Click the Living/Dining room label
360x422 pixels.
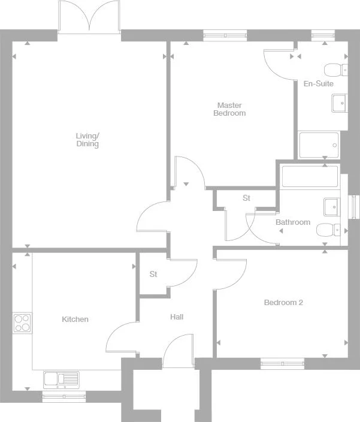click(87, 140)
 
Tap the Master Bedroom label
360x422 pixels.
click(229, 109)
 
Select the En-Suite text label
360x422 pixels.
click(318, 84)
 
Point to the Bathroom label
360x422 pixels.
click(293, 222)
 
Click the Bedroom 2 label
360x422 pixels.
click(283, 303)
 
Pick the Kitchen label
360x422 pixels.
click(75, 319)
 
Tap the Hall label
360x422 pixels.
click(177, 317)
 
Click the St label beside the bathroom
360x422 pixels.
click(246, 198)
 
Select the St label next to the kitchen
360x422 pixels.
click(153, 275)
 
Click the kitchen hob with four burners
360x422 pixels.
click(22, 323)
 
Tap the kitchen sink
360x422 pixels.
click(61, 379)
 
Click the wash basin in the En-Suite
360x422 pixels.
click(339, 104)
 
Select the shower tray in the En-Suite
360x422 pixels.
click(319, 144)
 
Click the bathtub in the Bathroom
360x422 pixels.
click(310, 177)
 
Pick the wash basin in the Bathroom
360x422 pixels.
click(331, 207)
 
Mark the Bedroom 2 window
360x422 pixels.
click(283, 363)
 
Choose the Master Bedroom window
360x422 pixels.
click(225, 35)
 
